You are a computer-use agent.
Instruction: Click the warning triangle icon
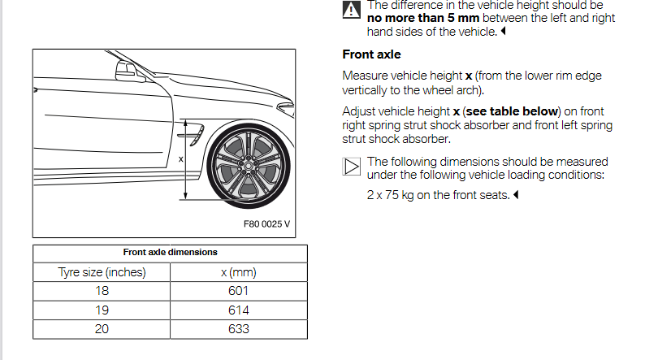coord(351,10)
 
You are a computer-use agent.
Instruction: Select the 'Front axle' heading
coord(371,54)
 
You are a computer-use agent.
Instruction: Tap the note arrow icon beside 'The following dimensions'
coord(351,167)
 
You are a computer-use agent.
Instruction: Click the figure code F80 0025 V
coord(266,223)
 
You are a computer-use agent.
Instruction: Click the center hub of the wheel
coord(248,166)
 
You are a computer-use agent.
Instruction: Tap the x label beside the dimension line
coord(180,158)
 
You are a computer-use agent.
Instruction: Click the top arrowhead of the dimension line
coord(185,123)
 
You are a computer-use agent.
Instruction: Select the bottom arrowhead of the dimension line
coord(185,197)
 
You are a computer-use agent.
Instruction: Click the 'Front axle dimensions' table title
coord(170,252)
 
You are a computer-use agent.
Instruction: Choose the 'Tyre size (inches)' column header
coord(102,272)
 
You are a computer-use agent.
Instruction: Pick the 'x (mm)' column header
coord(239,272)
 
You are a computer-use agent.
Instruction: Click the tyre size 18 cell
coord(102,291)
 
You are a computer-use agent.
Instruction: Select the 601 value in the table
coord(239,291)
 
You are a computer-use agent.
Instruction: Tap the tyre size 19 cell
coord(102,310)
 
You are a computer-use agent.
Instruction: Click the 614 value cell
coord(239,310)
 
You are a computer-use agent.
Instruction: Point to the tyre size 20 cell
coord(102,329)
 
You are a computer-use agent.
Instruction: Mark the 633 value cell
coord(239,329)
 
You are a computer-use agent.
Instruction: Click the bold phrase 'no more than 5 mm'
coord(423,18)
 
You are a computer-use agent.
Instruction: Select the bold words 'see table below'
coord(512,111)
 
